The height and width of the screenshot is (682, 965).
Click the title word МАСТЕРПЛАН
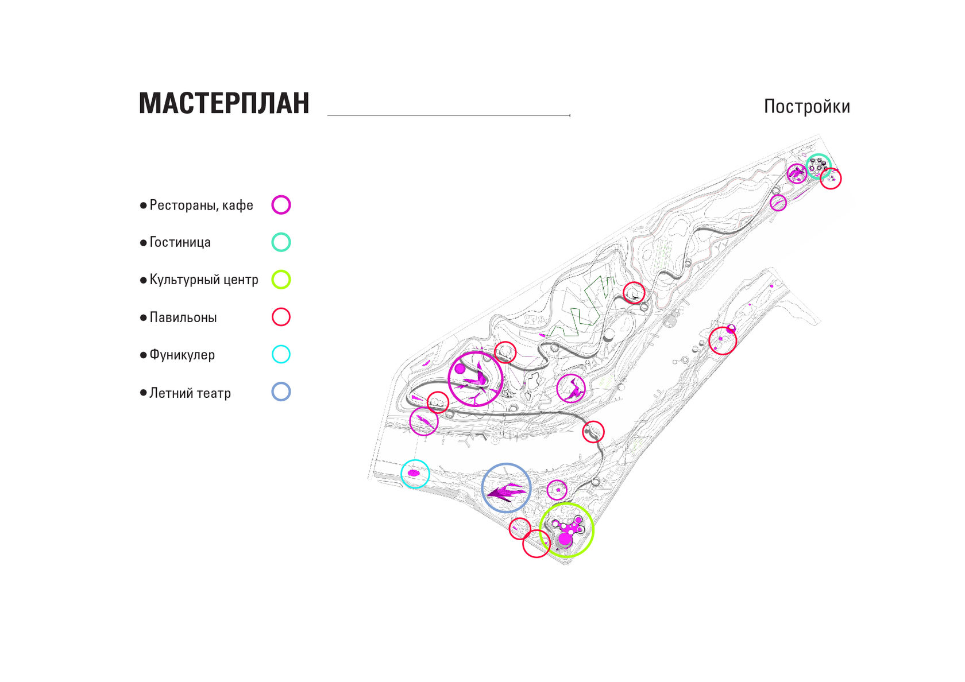224,103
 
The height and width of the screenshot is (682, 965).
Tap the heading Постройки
806,106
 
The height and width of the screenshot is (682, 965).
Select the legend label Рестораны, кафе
201,205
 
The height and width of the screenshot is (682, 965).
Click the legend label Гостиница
180,242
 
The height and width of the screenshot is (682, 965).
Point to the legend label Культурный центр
203,280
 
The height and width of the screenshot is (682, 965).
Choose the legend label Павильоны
183,317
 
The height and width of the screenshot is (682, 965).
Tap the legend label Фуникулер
182,355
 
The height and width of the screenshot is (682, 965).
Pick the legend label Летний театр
190,393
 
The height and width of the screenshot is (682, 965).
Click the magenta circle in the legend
281,205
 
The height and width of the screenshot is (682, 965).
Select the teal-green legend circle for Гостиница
281,242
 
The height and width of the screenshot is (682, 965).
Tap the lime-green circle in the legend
281,280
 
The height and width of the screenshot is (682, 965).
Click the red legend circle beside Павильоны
281,317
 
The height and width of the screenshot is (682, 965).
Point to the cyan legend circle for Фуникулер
281,354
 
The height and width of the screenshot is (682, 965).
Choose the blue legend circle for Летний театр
281,392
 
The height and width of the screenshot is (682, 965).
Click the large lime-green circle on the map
566,530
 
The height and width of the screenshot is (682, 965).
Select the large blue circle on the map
506,487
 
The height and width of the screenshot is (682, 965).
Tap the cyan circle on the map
415,474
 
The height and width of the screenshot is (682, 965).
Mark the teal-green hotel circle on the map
818,166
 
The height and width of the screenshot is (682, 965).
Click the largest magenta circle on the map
476,379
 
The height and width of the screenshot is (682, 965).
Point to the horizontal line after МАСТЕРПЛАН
448,115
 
